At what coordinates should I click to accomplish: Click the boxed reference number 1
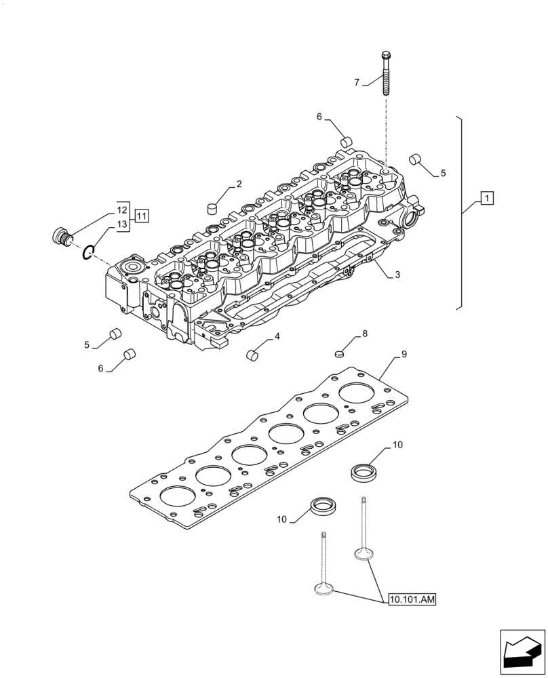click(x=486, y=198)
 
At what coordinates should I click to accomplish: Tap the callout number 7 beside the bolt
click(x=357, y=83)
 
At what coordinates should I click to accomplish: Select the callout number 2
click(x=239, y=184)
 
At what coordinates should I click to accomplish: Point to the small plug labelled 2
click(x=212, y=207)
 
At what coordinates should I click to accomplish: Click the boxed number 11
click(x=141, y=216)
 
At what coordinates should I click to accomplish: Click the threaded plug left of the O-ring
click(x=62, y=237)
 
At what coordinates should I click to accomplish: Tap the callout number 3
click(x=397, y=274)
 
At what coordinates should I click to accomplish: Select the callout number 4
click(x=277, y=336)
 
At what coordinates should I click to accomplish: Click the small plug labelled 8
click(x=341, y=352)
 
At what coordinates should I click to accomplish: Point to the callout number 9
click(x=404, y=354)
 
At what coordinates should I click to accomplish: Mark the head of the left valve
click(x=324, y=590)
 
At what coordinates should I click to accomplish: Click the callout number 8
click(x=364, y=334)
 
